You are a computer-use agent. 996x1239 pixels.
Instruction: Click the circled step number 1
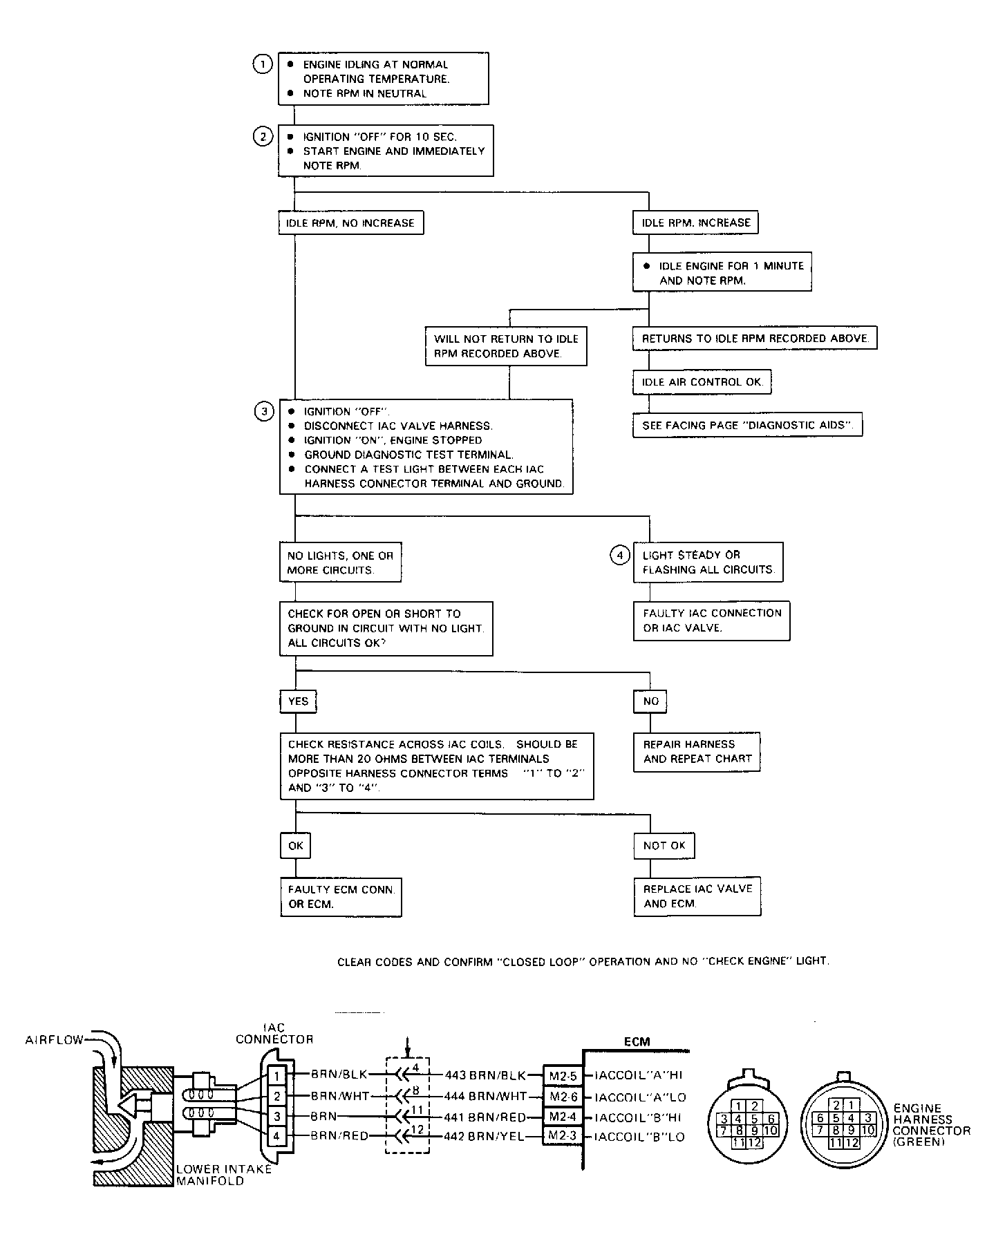click(263, 64)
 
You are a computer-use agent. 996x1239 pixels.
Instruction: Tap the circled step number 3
click(263, 412)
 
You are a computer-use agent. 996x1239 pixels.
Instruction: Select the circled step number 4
click(619, 555)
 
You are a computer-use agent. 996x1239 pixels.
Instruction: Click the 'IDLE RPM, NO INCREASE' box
click(351, 223)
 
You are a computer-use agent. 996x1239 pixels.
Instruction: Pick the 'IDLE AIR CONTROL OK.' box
click(702, 382)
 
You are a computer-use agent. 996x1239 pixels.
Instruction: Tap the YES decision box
click(298, 701)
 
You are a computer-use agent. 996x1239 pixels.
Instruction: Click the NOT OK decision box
click(664, 845)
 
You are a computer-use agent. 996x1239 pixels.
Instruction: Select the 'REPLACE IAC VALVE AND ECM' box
click(697, 896)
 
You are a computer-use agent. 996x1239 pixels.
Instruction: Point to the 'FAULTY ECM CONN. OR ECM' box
click(341, 897)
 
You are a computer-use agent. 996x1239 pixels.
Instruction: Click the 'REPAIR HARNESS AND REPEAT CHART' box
click(697, 752)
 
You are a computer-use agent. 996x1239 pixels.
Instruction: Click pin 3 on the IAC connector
click(276, 1116)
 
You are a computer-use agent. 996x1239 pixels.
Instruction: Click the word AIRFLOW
click(55, 1040)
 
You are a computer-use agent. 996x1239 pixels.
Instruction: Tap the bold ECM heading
click(637, 1042)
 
